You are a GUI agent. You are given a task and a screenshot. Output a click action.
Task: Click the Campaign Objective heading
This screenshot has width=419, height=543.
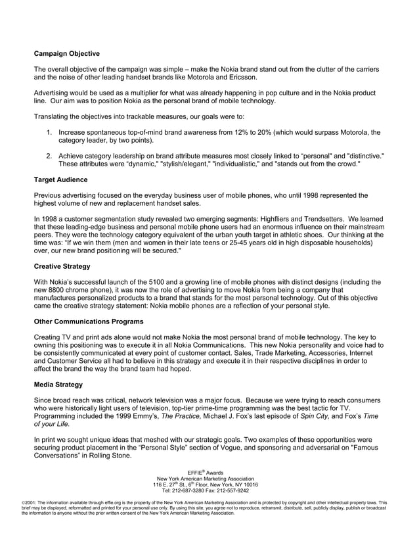pos(67,53)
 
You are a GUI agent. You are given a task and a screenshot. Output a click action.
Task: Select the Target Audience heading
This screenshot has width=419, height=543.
pos(60,179)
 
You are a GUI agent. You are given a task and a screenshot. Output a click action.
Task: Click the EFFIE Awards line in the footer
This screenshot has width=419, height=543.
pos(205,473)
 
